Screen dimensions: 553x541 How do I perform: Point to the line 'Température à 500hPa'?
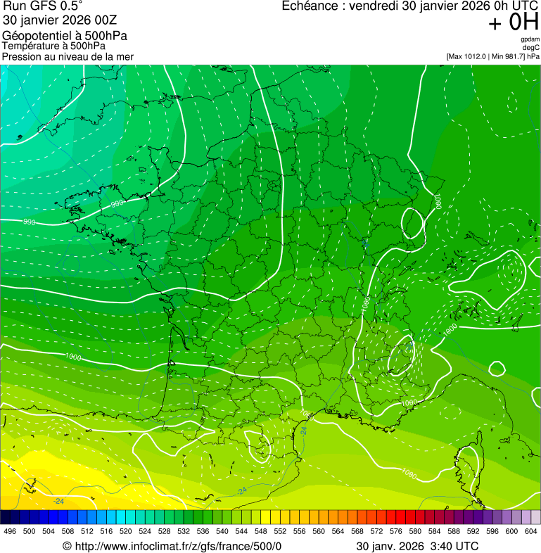pos(49,46)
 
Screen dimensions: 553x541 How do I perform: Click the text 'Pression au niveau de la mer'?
pos(68,56)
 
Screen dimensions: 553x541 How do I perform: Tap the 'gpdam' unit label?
pos(530,39)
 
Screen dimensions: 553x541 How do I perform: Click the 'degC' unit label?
pos(531,48)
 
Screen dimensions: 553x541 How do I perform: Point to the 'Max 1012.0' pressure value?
pos(469,56)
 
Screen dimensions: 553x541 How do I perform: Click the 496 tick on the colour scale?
pos(10,532)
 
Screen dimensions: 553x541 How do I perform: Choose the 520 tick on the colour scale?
pos(126,532)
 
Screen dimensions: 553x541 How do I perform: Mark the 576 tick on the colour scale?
pos(396,532)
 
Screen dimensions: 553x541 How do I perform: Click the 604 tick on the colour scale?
pos(531,532)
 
